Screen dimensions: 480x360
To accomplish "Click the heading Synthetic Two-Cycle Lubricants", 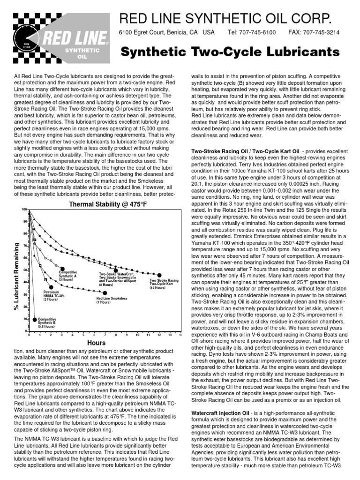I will [x=230, y=52].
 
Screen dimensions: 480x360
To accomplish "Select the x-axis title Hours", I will [x=105, y=343].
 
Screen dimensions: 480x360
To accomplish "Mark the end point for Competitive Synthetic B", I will [x=35, y=320].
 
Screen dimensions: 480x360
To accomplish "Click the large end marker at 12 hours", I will [x=159, y=275].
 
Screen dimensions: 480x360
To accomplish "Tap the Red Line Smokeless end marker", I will [x=105, y=293].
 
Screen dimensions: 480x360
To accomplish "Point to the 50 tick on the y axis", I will [x=24, y=270].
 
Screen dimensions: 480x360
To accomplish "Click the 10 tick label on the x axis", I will [x=137, y=335].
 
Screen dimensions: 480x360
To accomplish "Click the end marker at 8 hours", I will [x=116, y=270].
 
